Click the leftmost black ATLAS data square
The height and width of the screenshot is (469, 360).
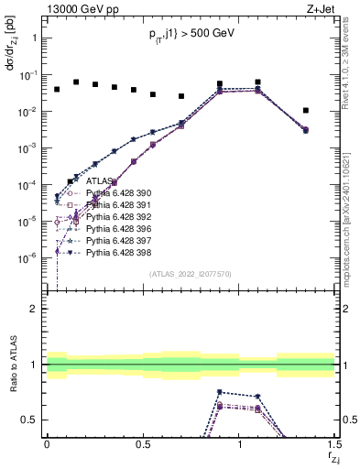(x=57, y=90)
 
